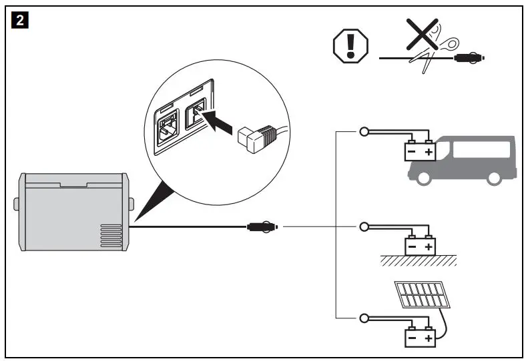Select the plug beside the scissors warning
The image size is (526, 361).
pyautogui.click(x=469, y=59)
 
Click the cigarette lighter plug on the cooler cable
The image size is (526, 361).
pyautogui.click(x=262, y=227)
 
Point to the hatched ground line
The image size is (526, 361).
pyautogui.click(x=419, y=260)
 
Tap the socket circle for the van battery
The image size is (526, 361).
pyautogui.click(x=364, y=132)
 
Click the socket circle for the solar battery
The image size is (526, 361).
pyautogui.click(x=364, y=318)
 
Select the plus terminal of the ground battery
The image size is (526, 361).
pyautogui.click(x=429, y=247)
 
